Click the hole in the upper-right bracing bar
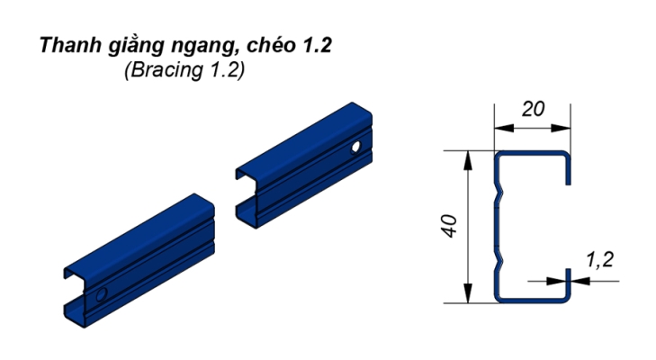pos(357,146)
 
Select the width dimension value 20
pos(533,109)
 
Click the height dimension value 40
pos(452,224)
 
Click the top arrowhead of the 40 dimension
pos(468,158)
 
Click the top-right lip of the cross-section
pos(568,171)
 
